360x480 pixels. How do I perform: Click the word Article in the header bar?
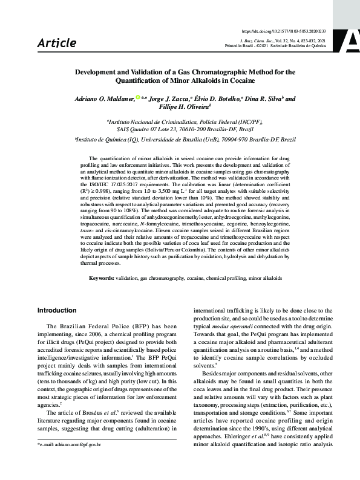click(57, 43)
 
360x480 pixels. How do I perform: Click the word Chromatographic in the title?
click(204, 71)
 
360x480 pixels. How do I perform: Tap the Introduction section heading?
click(62, 310)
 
